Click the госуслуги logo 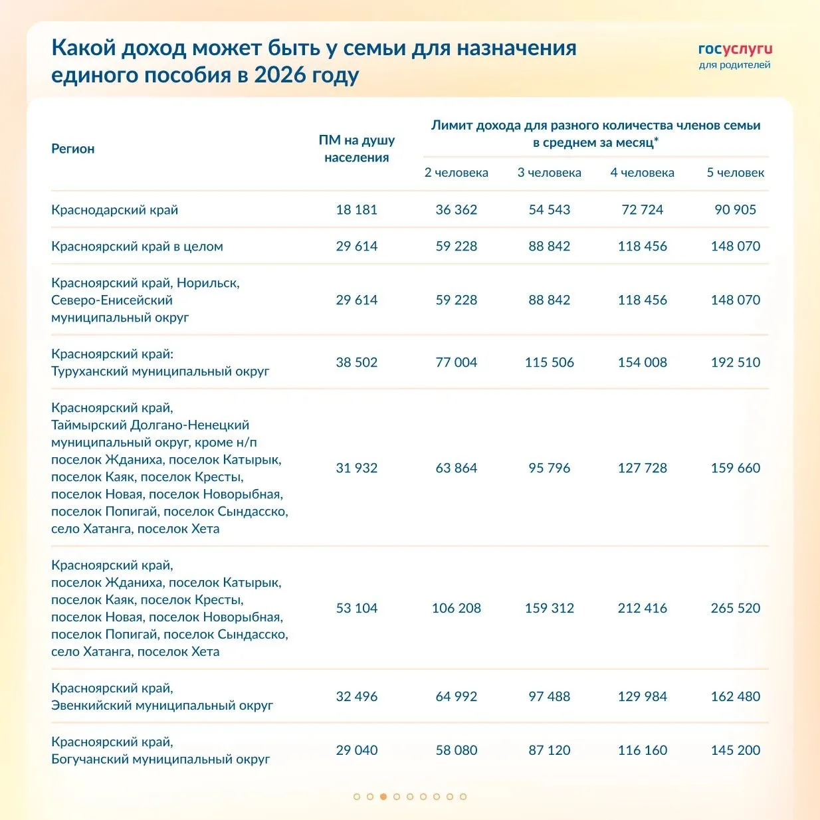click(735, 49)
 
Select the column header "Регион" click(73, 149)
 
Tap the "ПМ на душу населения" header click(357, 149)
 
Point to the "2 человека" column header click(457, 173)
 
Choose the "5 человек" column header click(735, 173)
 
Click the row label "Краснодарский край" click(115, 210)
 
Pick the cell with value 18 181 click(357, 210)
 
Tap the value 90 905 click(735, 210)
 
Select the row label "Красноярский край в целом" click(137, 247)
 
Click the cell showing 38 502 click(357, 362)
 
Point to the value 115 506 click(550, 362)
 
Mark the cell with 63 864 click(457, 468)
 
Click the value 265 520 click(735, 608)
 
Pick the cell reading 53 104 click(357, 608)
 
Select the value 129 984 click(643, 696)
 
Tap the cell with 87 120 click(550, 750)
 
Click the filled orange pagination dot click(383, 797)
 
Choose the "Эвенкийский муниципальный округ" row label click(162, 705)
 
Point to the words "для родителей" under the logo click(734, 65)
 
